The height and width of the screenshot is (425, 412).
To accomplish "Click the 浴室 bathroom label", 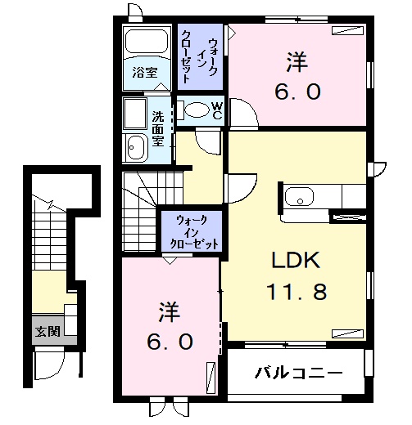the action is pyautogui.click(x=145, y=72).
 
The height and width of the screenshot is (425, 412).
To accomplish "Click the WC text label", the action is pyautogui.click(x=217, y=110).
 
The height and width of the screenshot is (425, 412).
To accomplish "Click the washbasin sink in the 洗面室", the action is pyautogui.click(x=136, y=147).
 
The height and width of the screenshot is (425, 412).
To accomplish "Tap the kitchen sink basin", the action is pyautogui.click(x=299, y=196).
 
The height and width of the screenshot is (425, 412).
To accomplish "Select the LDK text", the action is pyautogui.click(x=296, y=260).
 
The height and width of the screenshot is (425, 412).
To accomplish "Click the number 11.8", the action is pyautogui.click(x=297, y=291).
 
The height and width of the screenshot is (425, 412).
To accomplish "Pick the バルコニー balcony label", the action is pyautogui.click(x=298, y=372).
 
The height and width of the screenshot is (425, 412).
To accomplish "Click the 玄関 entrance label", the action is pyautogui.click(x=48, y=331).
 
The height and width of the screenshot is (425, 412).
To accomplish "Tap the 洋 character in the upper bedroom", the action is pyautogui.click(x=297, y=63).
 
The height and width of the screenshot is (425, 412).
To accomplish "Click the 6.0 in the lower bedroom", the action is pyautogui.click(x=170, y=342).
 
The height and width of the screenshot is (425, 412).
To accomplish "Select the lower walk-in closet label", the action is pyautogui.click(x=194, y=232).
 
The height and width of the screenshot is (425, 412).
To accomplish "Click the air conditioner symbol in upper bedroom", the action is pyautogui.click(x=348, y=30).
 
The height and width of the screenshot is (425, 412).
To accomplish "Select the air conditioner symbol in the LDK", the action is pyautogui.click(x=347, y=333).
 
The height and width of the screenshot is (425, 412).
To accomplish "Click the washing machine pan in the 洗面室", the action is pyautogui.click(x=135, y=114).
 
